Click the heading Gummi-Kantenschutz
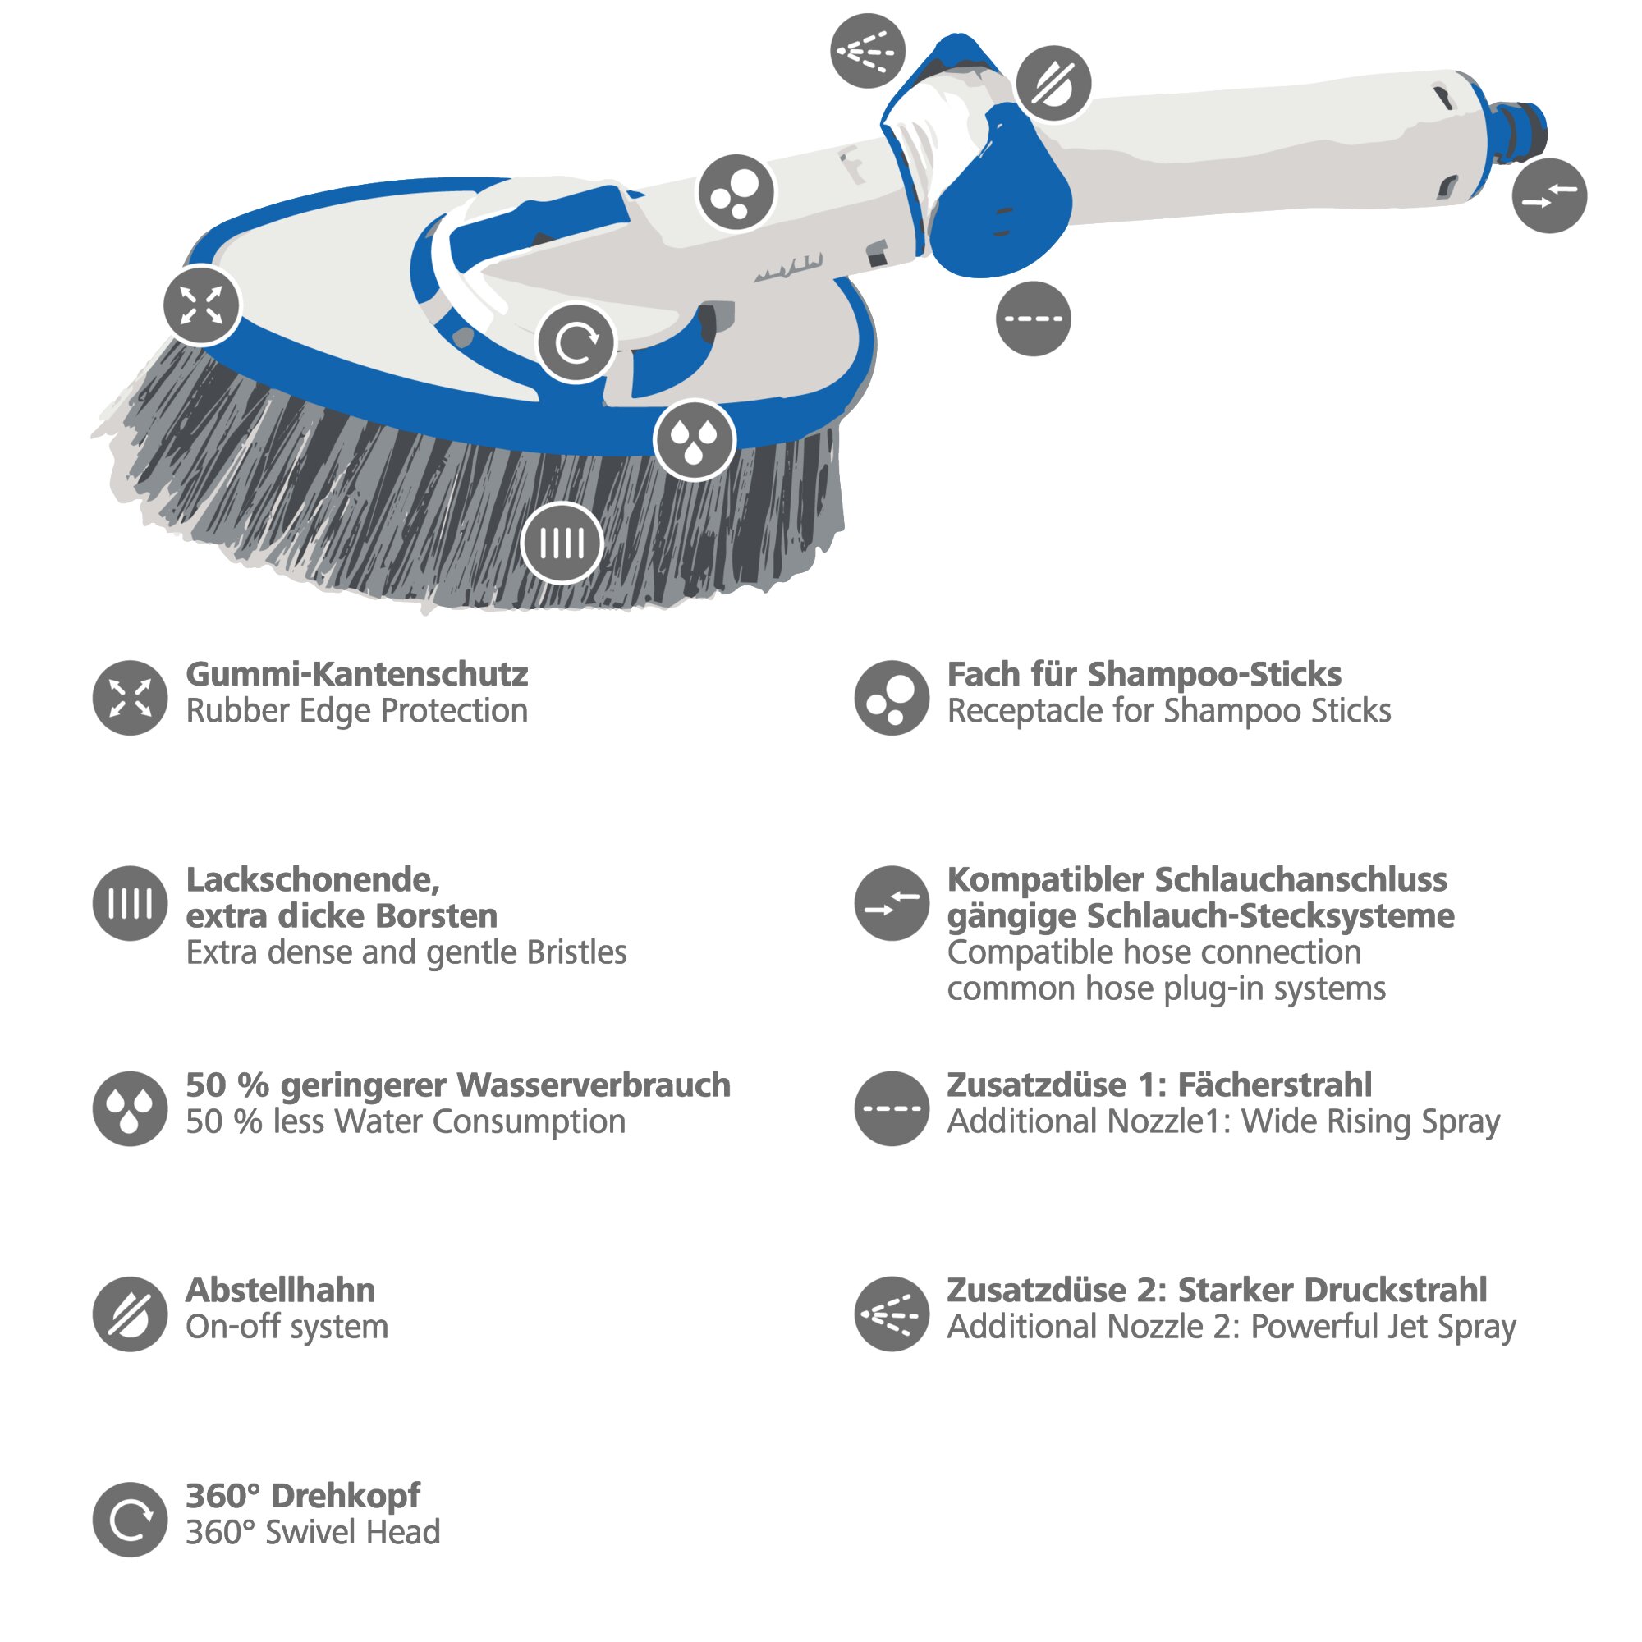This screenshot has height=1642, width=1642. pyautogui.click(x=357, y=675)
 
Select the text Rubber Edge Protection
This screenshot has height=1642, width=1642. pyautogui.click(x=357, y=711)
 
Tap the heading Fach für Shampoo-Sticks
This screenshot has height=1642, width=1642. pyautogui.click(x=1144, y=675)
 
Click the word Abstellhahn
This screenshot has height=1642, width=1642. pyautogui.click(x=281, y=1290)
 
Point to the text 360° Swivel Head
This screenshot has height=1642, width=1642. pyautogui.click(x=313, y=1532)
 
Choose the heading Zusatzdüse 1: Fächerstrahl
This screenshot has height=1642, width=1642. pyautogui.click(x=1159, y=1085)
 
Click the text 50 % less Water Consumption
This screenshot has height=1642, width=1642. pyautogui.click(x=406, y=1121)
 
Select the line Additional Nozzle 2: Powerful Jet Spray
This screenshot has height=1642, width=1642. pyautogui.click(x=1231, y=1327)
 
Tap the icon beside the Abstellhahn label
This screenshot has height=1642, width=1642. pyautogui.click(x=130, y=1314)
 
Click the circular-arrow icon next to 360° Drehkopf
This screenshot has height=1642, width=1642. pyautogui.click(x=130, y=1520)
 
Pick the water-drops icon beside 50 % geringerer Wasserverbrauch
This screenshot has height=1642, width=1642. pyautogui.click(x=130, y=1108)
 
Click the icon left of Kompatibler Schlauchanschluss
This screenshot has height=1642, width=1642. pyautogui.click(x=892, y=902)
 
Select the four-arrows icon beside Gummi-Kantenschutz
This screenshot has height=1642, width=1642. pyautogui.click(x=130, y=698)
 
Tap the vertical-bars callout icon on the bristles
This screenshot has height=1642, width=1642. pyautogui.click(x=562, y=543)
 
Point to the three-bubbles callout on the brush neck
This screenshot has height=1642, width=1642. pyautogui.click(x=736, y=193)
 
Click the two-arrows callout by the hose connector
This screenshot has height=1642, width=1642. pyautogui.click(x=1549, y=195)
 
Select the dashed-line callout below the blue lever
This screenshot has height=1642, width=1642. pyautogui.click(x=1033, y=319)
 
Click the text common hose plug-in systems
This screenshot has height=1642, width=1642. pyautogui.click(x=1166, y=988)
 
